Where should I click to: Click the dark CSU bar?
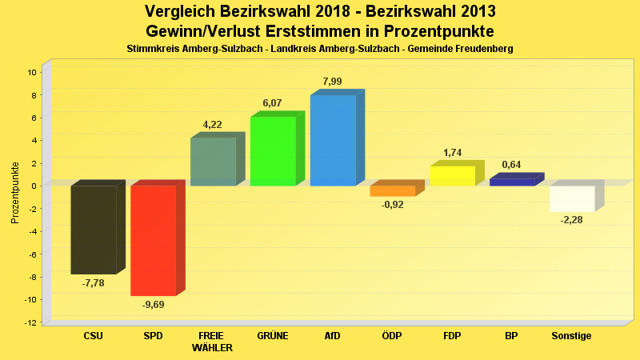(94, 230)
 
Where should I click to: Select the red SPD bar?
(153, 240)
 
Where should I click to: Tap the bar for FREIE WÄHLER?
(213, 162)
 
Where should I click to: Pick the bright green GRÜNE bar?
(273, 151)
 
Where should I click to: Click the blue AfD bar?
(333, 140)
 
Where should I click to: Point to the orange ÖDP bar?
(392, 191)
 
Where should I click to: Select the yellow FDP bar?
(452, 176)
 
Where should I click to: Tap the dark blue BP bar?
(512, 182)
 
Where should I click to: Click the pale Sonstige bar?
(572, 198)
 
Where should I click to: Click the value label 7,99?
(332, 82)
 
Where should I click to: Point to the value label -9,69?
(153, 304)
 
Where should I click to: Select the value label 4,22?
(213, 125)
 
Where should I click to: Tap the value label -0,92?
(392, 205)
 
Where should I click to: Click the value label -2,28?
(572, 220)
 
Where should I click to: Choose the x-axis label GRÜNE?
(273, 336)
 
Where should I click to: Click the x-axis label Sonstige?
(571, 336)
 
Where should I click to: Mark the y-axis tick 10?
(32, 72)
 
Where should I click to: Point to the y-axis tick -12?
(30, 322)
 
